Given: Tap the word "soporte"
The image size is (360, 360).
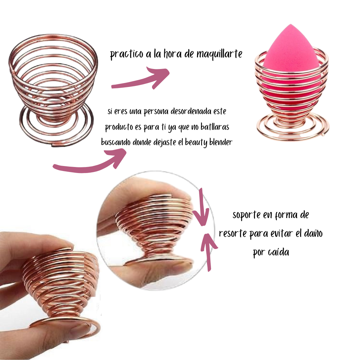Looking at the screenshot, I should (x=246, y=215).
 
